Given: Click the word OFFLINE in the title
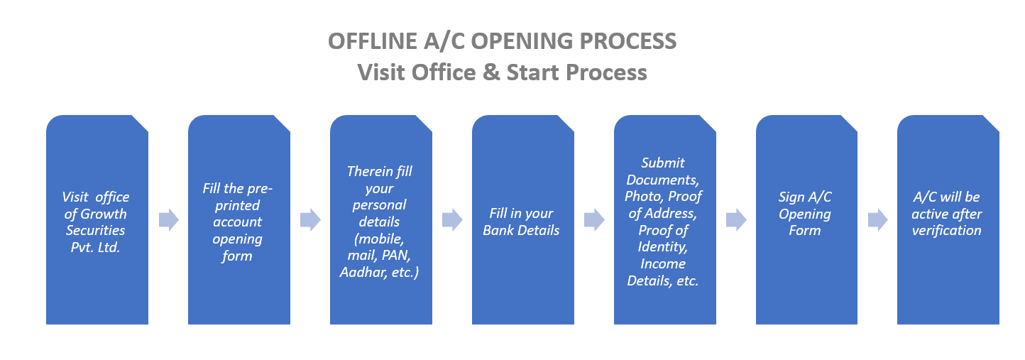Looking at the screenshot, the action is [x=373, y=41].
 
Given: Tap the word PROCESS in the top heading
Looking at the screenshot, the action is [x=627, y=41].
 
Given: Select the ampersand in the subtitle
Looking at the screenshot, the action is [x=491, y=72].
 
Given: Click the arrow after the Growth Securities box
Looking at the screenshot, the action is [x=168, y=220].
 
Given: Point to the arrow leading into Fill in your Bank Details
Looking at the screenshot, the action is [x=452, y=220].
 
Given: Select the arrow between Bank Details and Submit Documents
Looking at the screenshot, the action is [x=594, y=220].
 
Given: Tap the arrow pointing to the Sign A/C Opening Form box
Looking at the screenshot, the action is [x=736, y=220].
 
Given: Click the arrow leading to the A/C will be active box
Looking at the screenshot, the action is [x=877, y=220].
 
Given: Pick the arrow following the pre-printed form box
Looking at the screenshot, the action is [x=310, y=220].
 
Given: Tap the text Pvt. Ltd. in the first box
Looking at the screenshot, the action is [x=95, y=247].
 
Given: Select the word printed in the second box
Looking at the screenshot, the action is [x=237, y=206].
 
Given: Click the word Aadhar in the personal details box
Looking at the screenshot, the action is [x=363, y=273].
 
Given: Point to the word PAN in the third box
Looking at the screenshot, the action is [x=396, y=255].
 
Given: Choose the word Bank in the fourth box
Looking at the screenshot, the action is [x=498, y=230].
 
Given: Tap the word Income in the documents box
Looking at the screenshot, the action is [x=662, y=264].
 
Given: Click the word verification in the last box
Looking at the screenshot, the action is [x=946, y=230].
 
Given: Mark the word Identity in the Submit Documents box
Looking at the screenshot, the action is [x=662, y=247].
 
